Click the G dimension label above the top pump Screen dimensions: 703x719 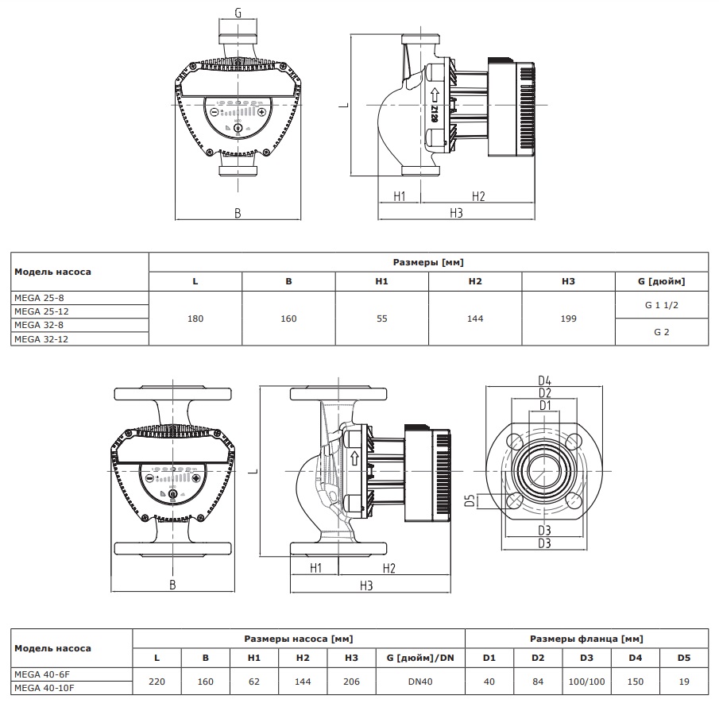point(238,13)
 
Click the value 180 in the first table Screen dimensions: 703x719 point(195,319)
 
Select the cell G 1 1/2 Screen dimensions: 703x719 point(661,305)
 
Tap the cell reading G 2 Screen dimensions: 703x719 point(661,332)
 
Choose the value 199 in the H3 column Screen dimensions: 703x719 point(568,319)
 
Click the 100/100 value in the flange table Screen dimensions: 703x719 point(586,682)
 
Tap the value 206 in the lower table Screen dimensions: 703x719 point(352,682)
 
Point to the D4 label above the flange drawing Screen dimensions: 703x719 point(544,380)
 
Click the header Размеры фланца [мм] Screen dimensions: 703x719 point(586,639)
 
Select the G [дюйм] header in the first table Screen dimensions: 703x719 point(661,281)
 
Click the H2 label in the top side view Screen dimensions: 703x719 point(478,195)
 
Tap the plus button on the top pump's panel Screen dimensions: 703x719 point(261,112)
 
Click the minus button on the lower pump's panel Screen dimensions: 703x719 point(149,478)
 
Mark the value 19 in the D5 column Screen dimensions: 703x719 point(684,682)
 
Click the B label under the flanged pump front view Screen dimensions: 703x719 point(172,585)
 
